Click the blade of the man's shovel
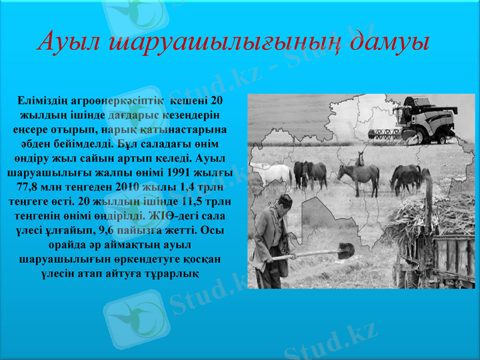pos(344,251)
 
